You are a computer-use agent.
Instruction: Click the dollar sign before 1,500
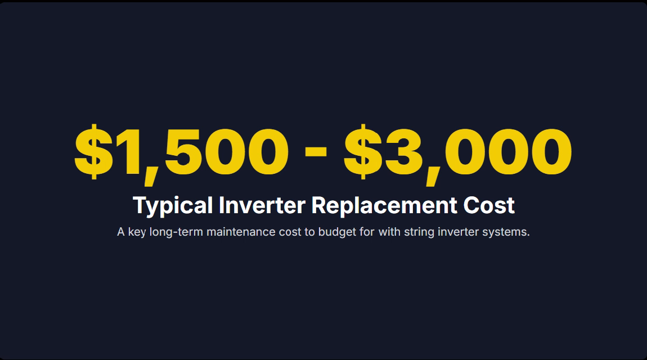point(93,152)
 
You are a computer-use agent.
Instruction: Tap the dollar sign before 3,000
point(363,152)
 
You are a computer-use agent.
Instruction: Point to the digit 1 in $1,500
point(126,152)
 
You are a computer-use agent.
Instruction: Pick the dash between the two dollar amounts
point(316,152)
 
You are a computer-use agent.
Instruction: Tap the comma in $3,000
point(433,175)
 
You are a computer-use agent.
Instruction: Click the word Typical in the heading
point(173,206)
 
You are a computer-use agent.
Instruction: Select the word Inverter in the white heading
point(262,205)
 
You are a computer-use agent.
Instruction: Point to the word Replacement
point(384,206)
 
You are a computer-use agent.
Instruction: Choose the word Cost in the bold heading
point(489,205)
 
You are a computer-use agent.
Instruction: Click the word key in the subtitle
point(137,232)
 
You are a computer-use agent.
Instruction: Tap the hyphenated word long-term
point(176,232)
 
